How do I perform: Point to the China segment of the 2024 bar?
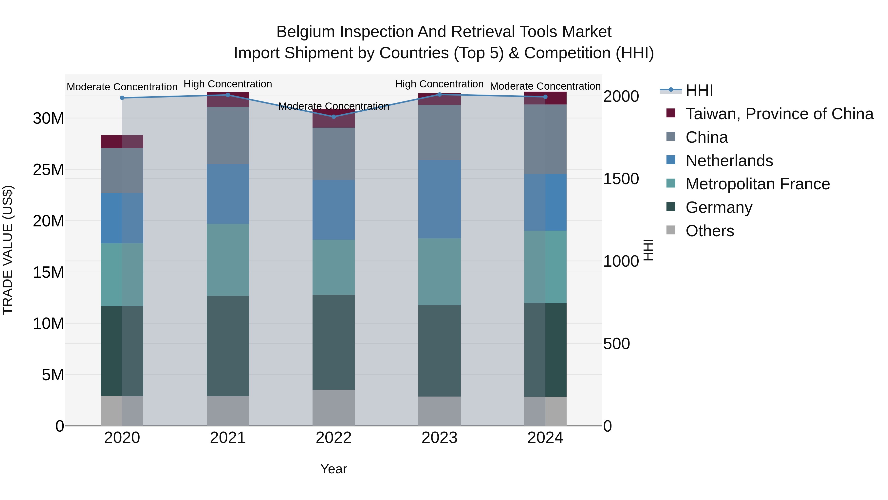[x=545, y=139]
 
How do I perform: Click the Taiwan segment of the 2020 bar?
[x=122, y=141]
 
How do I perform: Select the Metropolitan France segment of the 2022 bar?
[x=333, y=267]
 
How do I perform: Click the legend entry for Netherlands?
[x=729, y=161]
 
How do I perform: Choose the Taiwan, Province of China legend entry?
[x=779, y=114]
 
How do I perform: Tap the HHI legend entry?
[x=699, y=90]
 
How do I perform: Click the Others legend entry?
[x=709, y=231]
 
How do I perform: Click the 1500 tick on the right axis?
[x=621, y=179]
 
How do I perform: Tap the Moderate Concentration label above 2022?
[x=333, y=106]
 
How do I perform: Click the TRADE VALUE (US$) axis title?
[x=8, y=250]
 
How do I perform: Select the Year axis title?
[x=333, y=469]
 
